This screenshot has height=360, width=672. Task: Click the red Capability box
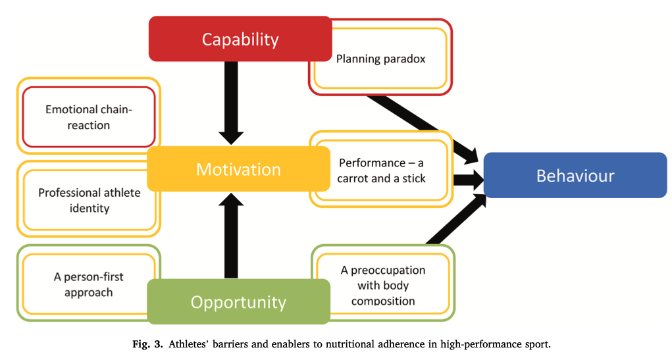240,39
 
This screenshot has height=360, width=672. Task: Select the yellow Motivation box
238,169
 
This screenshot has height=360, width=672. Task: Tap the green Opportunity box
238,302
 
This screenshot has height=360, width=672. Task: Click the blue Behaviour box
575,176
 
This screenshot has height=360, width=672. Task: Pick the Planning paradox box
380,59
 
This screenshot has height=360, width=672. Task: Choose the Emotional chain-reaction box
88,117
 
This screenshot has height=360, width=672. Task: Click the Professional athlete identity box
88,200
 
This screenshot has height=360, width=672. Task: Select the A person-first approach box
88,284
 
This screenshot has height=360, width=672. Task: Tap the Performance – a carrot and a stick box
382,170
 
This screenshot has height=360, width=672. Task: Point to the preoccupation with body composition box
383,285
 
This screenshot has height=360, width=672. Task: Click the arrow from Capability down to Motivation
231,102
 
